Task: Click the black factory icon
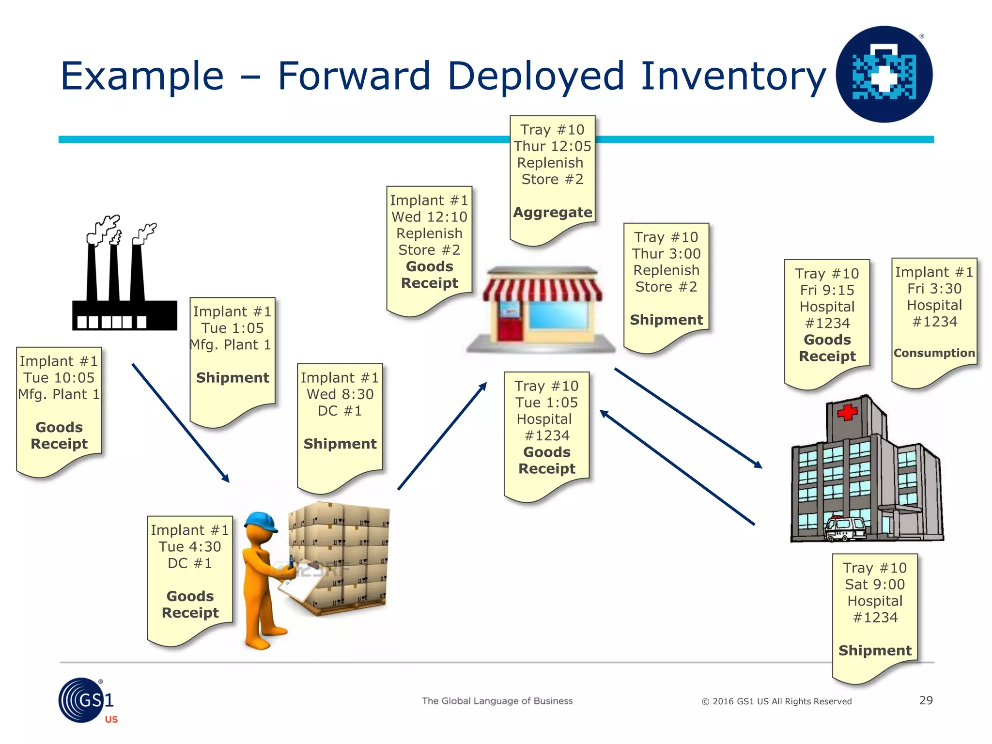click(124, 291)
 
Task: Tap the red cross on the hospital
click(847, 412)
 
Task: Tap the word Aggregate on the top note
click(552, 212)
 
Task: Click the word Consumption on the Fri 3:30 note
click(934, 353)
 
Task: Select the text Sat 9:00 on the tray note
click(875, 585)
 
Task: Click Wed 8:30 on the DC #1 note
click(340, 394)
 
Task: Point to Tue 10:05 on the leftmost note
click(59, 378)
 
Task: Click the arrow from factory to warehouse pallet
click(180, 423)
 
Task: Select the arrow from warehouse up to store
click(442, 436)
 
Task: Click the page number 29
click(926, 700)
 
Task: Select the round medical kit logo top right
click(884, 74)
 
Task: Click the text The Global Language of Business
click(497, 701)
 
